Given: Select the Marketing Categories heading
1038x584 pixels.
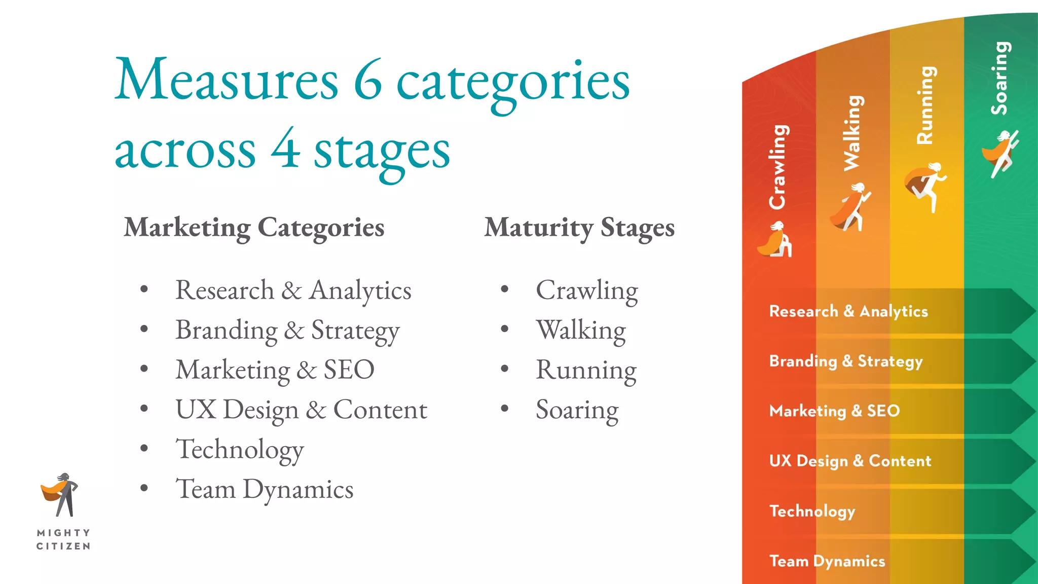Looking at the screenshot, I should [254, 228].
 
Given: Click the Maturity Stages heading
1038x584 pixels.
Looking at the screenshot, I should [579, 228].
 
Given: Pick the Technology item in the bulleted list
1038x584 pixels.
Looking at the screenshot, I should [239, 450].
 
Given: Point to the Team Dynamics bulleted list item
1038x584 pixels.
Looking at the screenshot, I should [264, 489].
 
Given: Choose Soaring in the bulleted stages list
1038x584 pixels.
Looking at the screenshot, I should [577, 410].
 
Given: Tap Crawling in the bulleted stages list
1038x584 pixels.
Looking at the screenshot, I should [586, 290].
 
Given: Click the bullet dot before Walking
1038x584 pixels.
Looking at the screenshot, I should [504, 330].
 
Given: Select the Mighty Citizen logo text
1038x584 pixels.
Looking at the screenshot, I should [63, 539].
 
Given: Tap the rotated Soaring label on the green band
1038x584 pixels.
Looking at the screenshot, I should [1000, 78].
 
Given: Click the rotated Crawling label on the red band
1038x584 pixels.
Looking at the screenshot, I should [777, 167].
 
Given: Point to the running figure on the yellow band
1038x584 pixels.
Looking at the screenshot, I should [926, 186].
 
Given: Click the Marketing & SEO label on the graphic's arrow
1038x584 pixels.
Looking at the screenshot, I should [834, 411].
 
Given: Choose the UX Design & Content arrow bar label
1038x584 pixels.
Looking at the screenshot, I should [850, 461].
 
